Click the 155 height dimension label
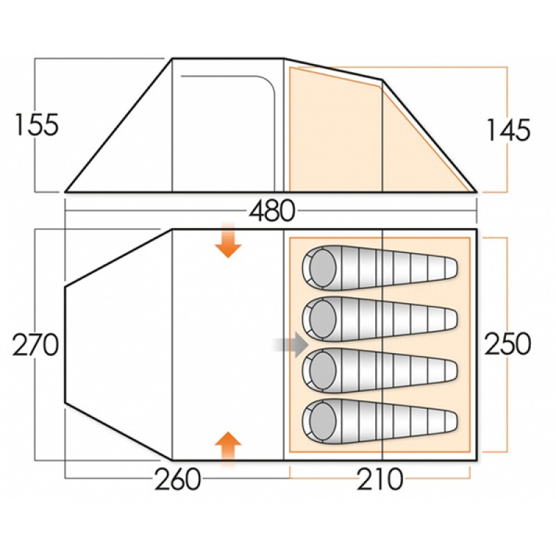click(x=37, y=125)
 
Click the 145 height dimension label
click(x=509, y=130)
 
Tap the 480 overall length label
click(x=272, y=211)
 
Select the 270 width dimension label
click(x=35, y=345)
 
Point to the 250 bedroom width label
click(x=508, y=344)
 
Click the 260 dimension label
click(x=178, y=479)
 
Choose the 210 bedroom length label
click(x=380, y=479)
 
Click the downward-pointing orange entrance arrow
click(x=228, y=240)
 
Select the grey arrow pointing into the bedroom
click(x=291, y=345)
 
